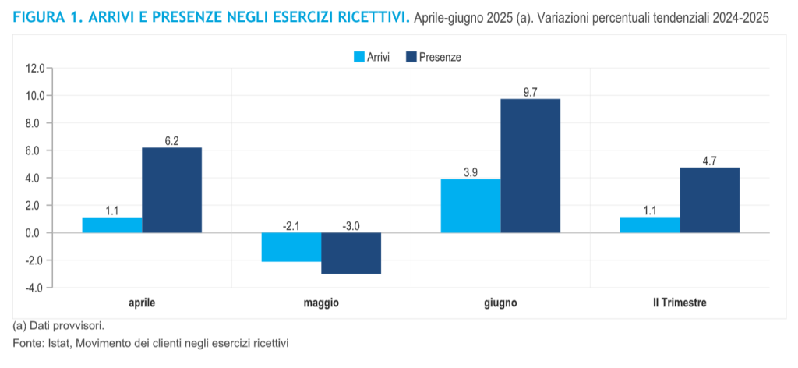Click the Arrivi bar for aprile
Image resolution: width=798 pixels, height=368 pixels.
(x=111, y=225)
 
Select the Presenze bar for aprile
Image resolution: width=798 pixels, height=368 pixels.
(x=171, y=189)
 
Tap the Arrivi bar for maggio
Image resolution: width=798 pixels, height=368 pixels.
(x=291, y=246)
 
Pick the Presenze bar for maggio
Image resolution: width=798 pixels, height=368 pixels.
(x=351, y=253)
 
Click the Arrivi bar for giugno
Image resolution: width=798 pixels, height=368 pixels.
(x=471, y=206)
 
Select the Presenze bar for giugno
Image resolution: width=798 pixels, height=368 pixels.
(x=530, y=165)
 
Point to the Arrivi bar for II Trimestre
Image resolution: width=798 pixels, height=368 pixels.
(x=650, y=225)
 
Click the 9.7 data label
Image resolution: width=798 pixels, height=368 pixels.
(x=531, y=92)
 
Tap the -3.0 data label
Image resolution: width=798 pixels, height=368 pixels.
(x=351, y=226)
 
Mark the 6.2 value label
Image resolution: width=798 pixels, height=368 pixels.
(x=172, y=141)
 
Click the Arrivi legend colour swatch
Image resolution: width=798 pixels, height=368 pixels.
(x=359, y=56)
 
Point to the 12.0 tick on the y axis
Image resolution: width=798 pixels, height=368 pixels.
(x=34, y=69)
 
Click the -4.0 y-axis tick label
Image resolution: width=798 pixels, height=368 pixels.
(x=34, y=288)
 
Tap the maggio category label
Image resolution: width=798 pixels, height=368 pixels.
(x=321, y=303)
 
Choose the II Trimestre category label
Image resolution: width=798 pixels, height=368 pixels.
(x=680, y=303)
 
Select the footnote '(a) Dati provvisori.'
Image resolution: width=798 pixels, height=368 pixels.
(x=58, y=325)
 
